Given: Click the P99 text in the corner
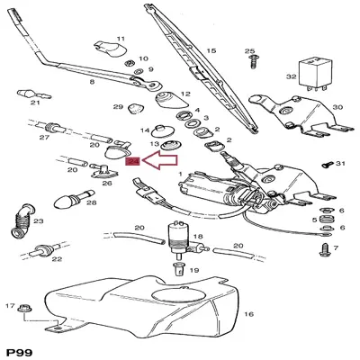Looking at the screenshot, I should [21, 350].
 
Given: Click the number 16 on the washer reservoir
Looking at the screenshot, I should [248, 314].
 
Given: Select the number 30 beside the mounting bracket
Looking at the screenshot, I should [337, 107].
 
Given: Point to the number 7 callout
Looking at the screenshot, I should [334, 247].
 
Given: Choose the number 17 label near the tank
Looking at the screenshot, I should [11, 307].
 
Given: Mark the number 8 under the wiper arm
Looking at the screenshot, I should [91, 82].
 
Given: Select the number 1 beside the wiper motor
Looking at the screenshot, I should [180, 173].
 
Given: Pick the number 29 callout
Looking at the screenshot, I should [118, 108].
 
